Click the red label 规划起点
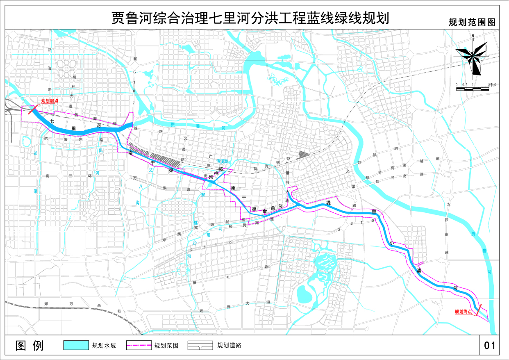coord(50,101)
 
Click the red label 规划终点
coord(463,312)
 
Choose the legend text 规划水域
coord(104,346)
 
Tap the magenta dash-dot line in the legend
coord(139,345)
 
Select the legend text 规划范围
coord(166,346)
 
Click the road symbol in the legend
coord(200,345)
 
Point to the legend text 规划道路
coord(229,346)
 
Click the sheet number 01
coord(490,346)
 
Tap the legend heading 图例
coord(29,346)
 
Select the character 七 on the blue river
coord(52,121)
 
